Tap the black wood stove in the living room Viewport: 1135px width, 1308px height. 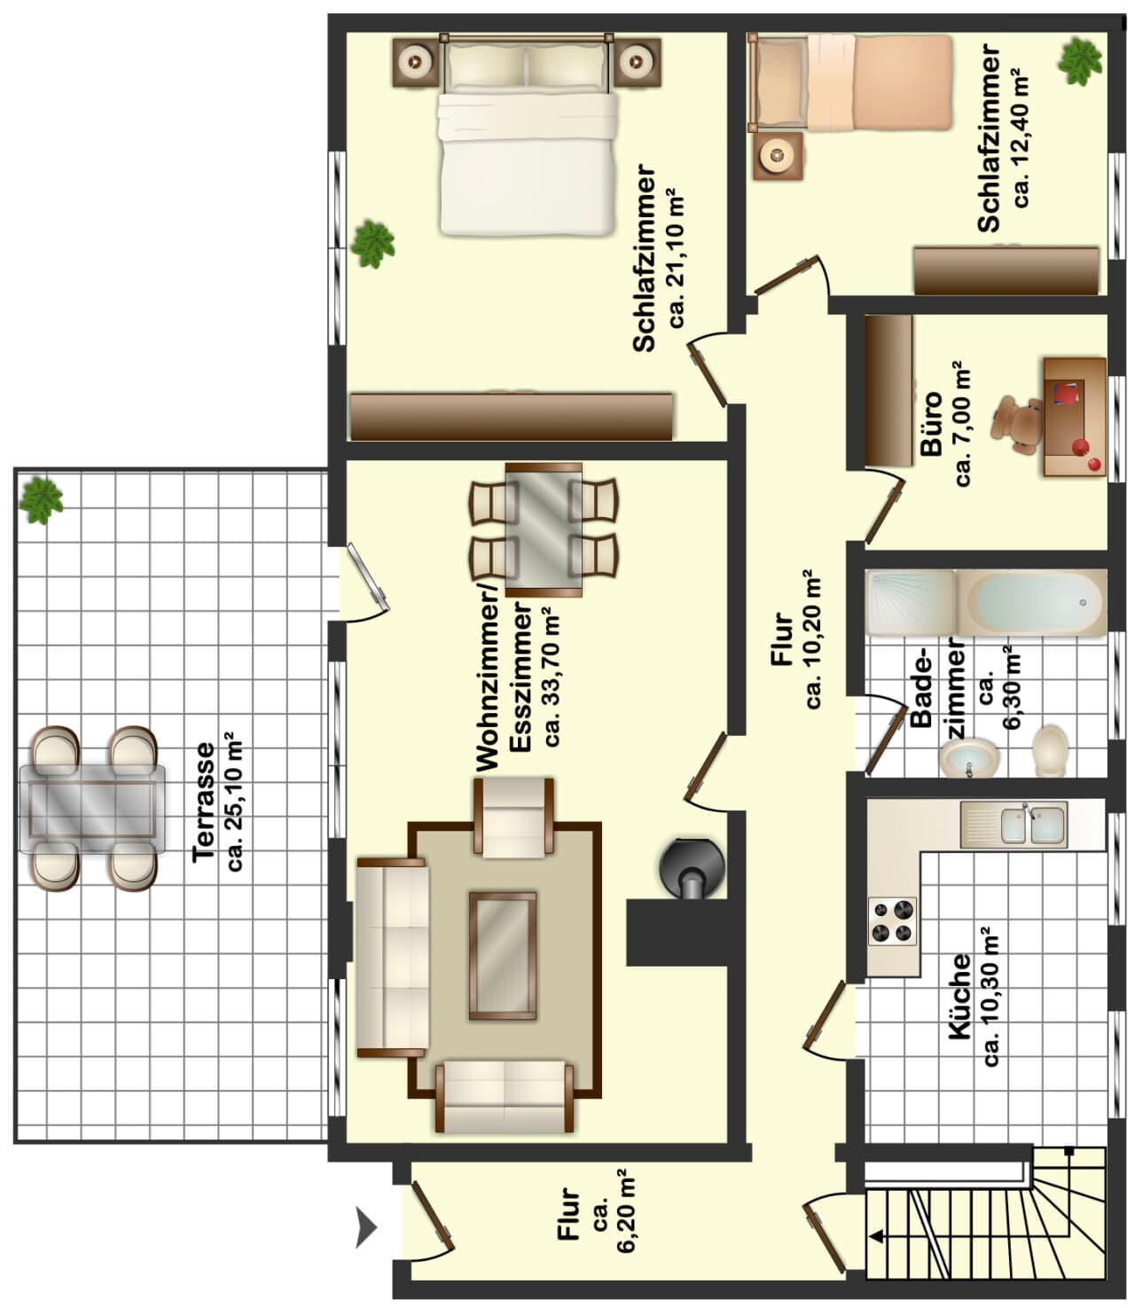tap(692, 869)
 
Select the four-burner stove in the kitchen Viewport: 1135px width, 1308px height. tap(891, 921)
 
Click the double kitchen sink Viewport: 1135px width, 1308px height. tap(1013, 825)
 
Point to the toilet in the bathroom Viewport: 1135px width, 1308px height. tap(1050, 750)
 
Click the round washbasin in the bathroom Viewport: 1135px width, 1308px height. tap(969, 757)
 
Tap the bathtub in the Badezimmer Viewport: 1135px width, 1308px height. tap(1031, 602)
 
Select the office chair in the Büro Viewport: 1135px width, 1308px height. tap(1017, 425)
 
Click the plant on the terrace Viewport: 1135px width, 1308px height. tap(41, 500)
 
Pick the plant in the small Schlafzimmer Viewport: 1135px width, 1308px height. tap(1079, 61)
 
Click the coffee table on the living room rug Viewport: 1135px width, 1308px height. tap(502, 956)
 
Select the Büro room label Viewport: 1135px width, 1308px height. tap(931, 423)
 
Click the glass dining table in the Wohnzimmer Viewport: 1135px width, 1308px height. tap(544, 529)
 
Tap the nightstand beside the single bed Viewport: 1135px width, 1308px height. tap(778, 156)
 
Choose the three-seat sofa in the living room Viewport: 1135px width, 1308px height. tap(393, 957)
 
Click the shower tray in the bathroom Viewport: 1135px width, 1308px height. tap(912, 602)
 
